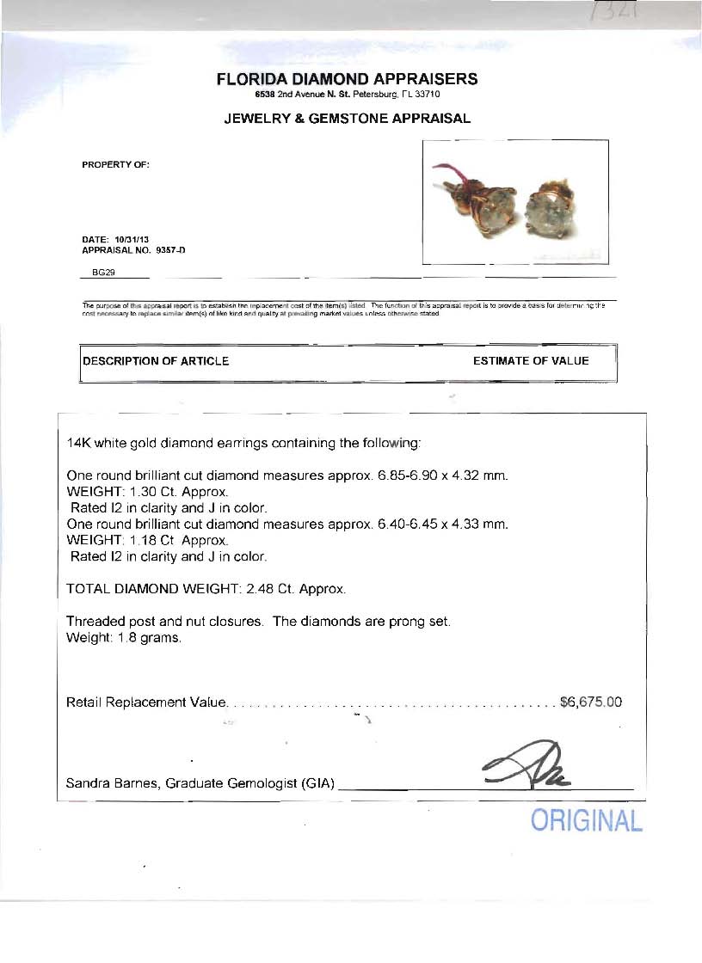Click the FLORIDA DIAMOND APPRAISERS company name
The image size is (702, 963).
point(347,79)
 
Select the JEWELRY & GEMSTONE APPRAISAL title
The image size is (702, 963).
point(347,119)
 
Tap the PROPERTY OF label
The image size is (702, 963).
point(115,164)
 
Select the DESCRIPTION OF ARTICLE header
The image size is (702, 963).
point(156,361)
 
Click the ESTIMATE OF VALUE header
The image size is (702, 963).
point(531,361)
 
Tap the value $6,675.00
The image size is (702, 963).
point(590,702)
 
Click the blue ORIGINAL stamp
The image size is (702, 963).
point(586,820)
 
